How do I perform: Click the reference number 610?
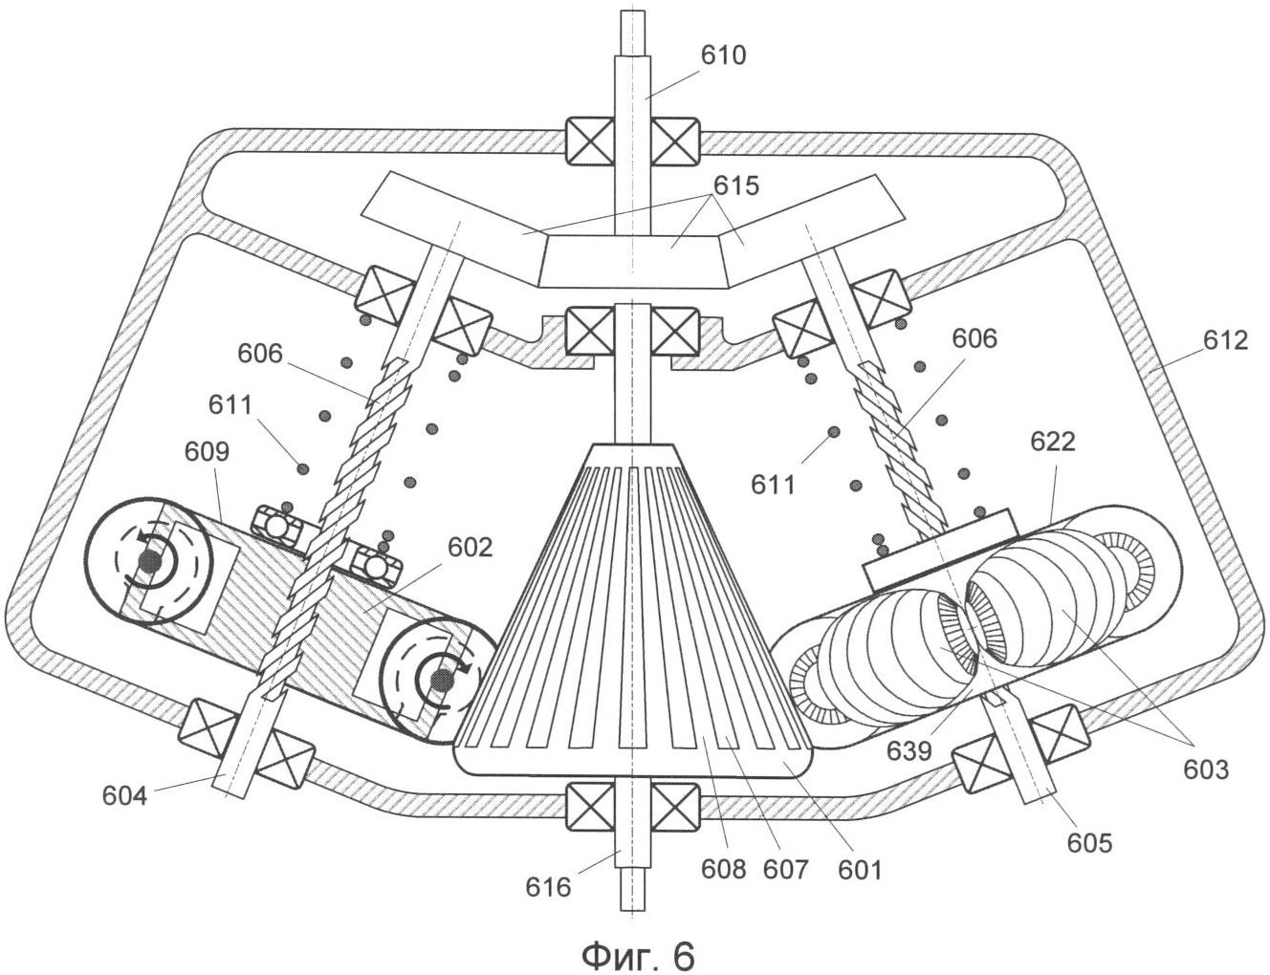tap(724, 56)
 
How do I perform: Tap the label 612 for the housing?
tap(1225, 340)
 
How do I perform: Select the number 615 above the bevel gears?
tap(735, 185)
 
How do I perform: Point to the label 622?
tap(1053, 442)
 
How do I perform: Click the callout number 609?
tap(207, 451)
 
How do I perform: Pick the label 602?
tap(471, 548)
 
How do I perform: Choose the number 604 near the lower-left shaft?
tap(124, 795)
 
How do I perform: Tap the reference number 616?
tap(548, 887)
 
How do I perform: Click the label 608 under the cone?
tap(724, 870)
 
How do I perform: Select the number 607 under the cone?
tap(785, 870)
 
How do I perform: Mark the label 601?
tap(859, 870)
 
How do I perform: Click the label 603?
tap(1206, 770)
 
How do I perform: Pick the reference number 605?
tap(1089, 843)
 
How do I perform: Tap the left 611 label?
tap(230, 404)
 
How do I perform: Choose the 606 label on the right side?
tap(974, 338)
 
